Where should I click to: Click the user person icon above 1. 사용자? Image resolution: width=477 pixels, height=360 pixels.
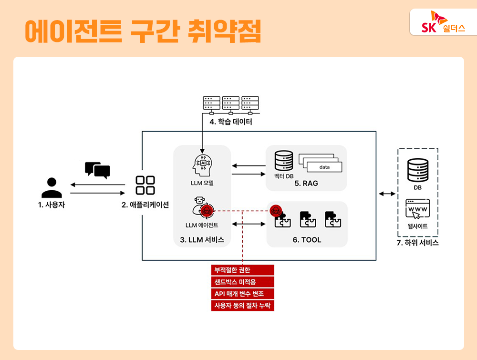52,187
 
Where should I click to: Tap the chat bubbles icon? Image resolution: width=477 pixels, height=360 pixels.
97,170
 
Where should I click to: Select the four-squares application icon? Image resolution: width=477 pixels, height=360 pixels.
145,185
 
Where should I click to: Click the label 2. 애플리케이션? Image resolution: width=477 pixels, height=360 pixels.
145,205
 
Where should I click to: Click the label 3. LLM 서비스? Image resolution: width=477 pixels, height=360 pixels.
202,240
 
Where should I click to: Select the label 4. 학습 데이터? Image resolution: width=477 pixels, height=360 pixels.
231,122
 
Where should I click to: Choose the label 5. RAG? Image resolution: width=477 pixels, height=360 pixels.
306,183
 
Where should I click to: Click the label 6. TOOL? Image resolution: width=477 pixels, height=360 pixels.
307,240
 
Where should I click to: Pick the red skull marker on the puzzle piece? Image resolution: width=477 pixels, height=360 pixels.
276,210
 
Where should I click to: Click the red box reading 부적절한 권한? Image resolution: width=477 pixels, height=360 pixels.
242,270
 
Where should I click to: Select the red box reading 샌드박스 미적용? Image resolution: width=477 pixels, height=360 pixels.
242,282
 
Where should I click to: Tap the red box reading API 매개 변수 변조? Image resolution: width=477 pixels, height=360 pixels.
242,294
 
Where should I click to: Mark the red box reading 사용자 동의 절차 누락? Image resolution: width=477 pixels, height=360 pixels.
242,306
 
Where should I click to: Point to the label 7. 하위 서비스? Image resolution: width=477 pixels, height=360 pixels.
417,243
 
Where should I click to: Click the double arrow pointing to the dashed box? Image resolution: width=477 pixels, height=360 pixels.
386,194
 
